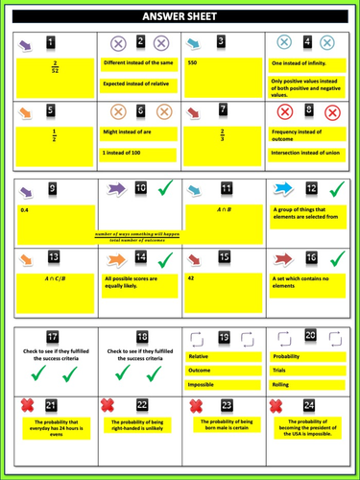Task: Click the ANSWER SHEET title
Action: (x=180, y=16)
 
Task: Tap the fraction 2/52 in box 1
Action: (x=55, y=70)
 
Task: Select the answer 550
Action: (x=193, y=62)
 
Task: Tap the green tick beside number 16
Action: (x=336, y=258)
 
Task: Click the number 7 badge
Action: (x=224, y=109)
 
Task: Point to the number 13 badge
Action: (x=53, y=257)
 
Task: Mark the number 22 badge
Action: (x=141, y=405)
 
